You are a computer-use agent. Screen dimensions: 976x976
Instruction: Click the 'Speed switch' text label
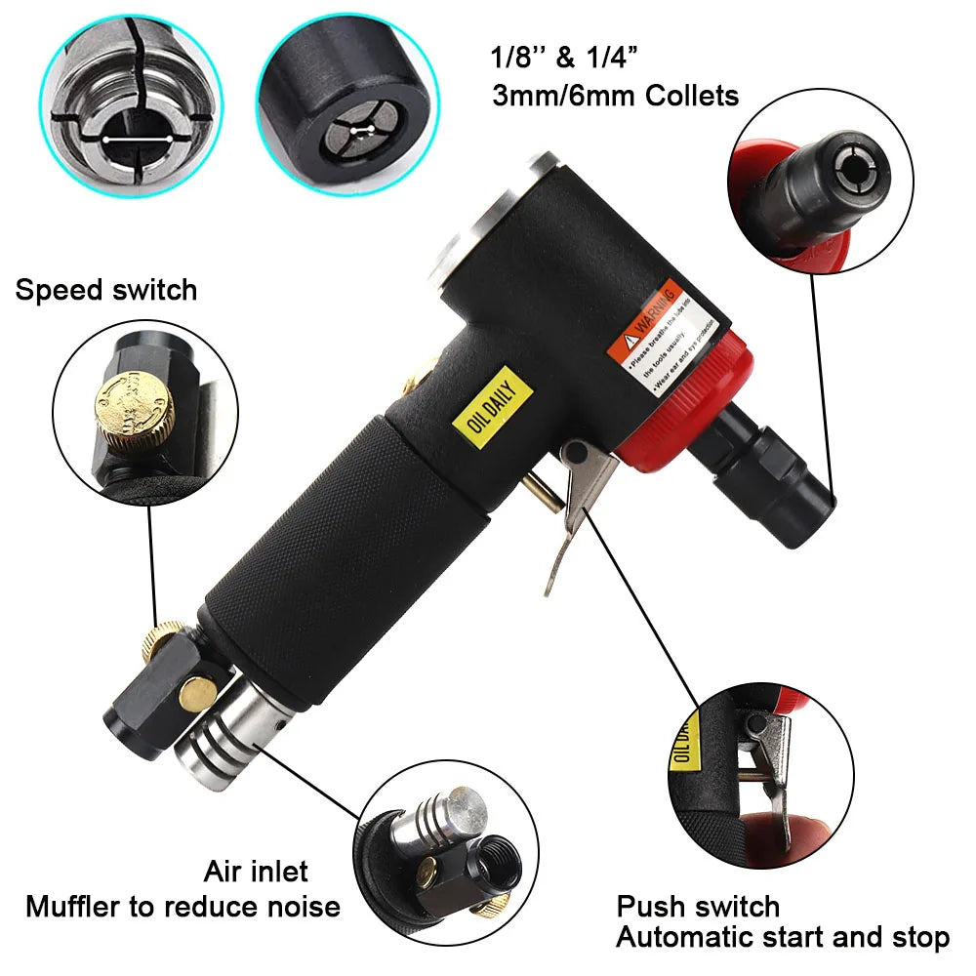tap(105, 290)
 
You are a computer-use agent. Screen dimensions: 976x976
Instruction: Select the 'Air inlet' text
tap(256, 871)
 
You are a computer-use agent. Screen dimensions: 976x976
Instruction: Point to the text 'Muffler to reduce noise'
tap(183, 907)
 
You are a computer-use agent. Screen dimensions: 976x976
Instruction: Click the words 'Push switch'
tap(697, 907)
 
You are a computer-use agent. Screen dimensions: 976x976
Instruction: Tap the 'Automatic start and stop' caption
tap(782, 939)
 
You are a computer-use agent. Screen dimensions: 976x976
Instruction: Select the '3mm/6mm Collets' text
tap(614, 96)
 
